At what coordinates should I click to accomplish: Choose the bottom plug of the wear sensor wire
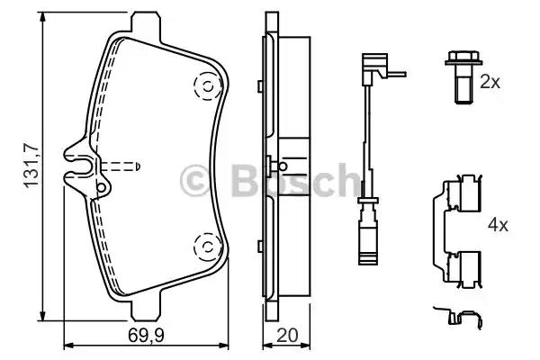click(x=366, y=245)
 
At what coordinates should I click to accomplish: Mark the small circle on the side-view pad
click(x=282, y=166)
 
